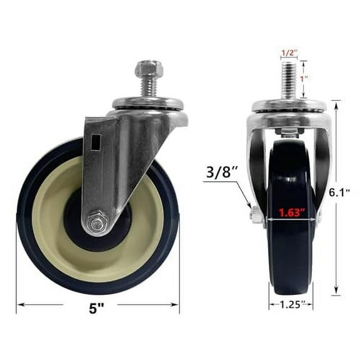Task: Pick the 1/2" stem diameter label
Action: coord(289,53)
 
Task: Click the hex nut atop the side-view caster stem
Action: coord(148,68)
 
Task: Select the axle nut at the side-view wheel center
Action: coord(96,222)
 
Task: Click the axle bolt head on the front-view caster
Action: coord(256,216)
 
